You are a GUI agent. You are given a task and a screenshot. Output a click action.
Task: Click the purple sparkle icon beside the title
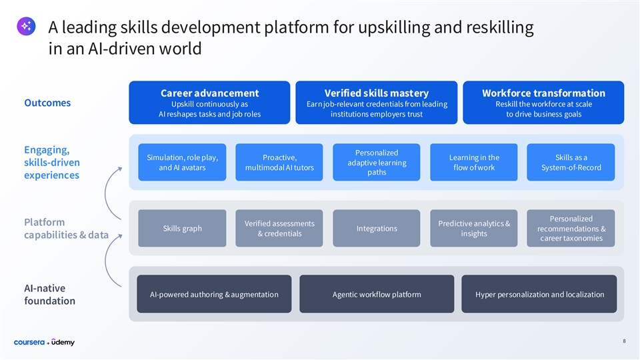click(26, 26)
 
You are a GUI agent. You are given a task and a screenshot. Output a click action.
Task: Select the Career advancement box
click(209, 103)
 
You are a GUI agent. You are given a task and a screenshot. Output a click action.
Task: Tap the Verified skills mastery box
click(377, 103)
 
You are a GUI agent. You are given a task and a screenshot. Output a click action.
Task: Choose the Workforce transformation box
click(543, 103)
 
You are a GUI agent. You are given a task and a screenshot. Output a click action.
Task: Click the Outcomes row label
click(47, 103)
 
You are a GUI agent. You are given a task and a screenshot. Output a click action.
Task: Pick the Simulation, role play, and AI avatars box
click(182, 162)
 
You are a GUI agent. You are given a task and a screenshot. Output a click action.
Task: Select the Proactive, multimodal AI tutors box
click(279, 162)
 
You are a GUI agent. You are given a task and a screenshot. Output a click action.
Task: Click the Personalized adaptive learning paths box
click(377, 162)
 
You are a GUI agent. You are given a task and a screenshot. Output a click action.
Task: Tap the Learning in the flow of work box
click(474, 162)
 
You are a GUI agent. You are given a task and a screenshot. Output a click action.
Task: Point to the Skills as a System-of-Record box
click(571, 162)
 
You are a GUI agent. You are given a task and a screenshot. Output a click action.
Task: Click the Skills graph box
click(182, 229)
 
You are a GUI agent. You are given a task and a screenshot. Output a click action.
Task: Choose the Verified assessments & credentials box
click(279, 229)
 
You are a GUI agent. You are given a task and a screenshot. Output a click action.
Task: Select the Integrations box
click(377, 229)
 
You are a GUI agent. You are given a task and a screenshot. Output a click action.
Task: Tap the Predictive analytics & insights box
click(474, 229)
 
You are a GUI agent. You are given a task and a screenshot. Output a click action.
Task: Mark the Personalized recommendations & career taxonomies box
click(571, 229)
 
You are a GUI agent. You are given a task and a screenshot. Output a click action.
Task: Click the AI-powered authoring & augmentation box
click(214, 294)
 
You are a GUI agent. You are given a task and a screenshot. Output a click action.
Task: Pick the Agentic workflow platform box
click(377, 294)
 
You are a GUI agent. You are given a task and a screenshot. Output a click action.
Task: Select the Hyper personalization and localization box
click(539, 294)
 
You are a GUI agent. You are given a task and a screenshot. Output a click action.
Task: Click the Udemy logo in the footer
click(63, 342)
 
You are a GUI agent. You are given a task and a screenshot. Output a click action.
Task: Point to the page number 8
click(624, 341)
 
